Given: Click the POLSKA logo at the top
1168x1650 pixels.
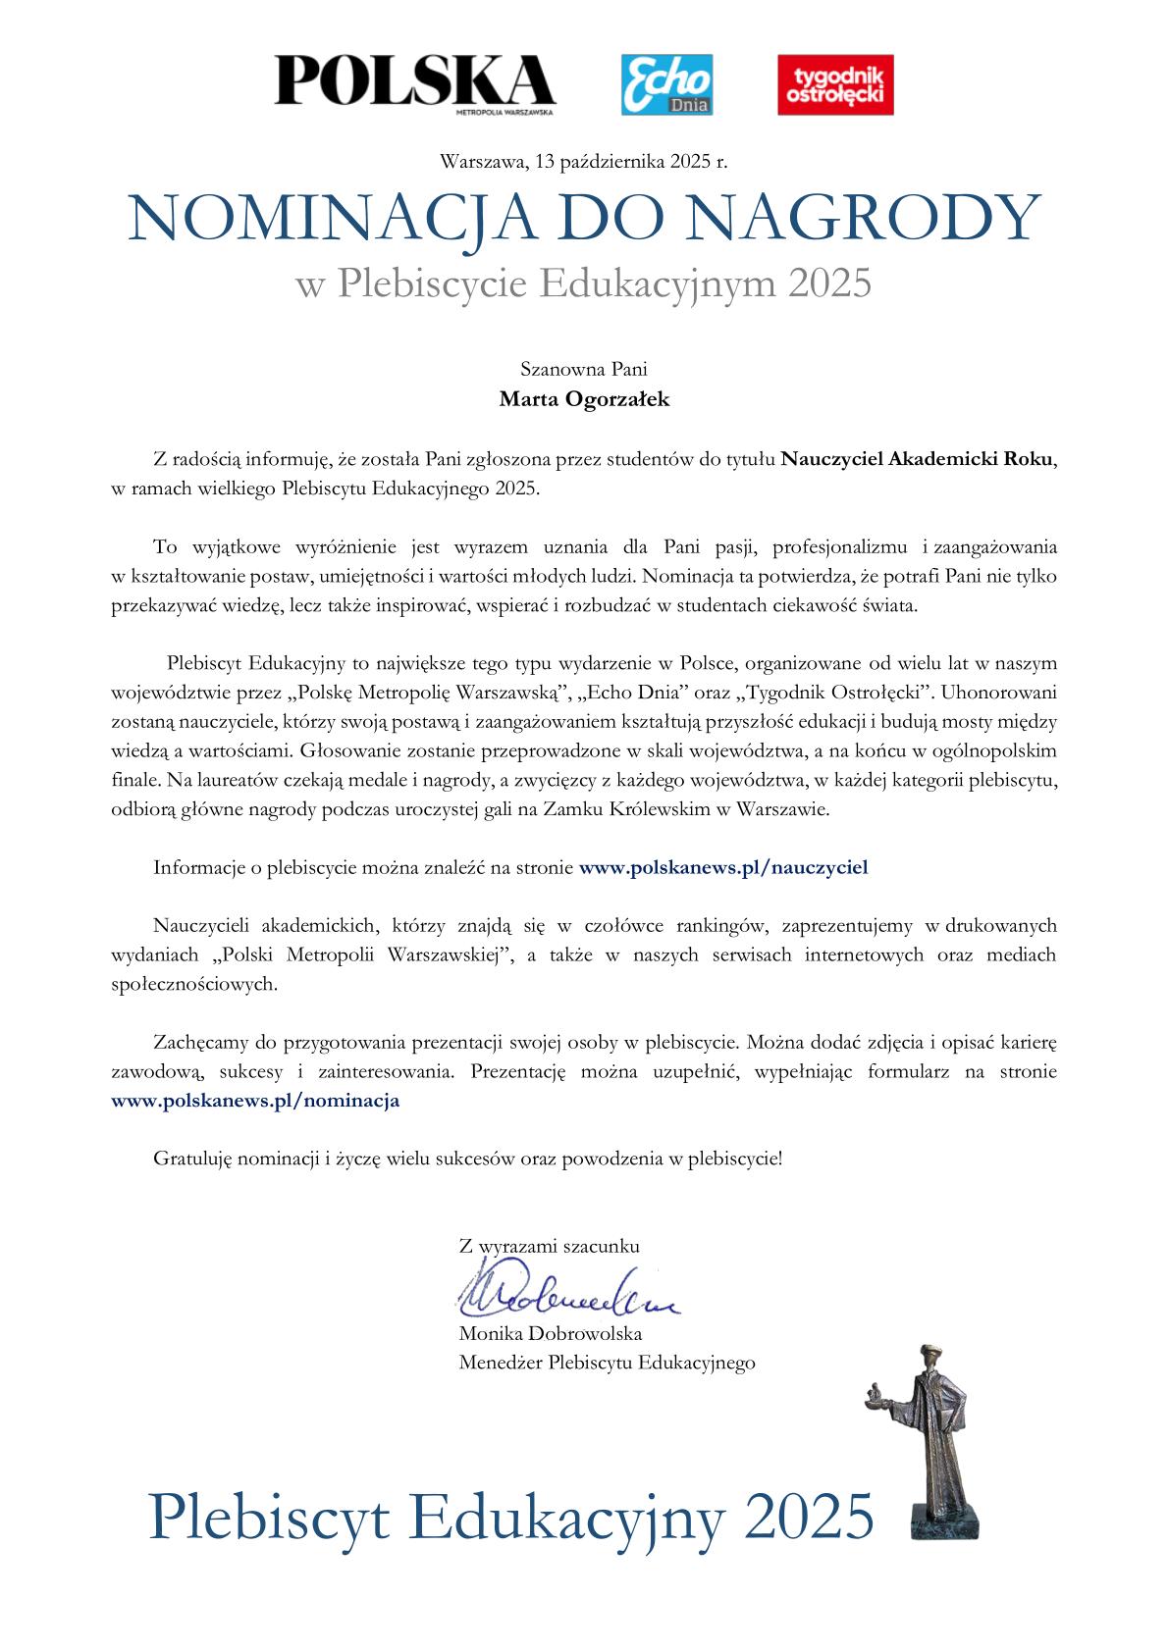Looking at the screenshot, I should click(414, 81).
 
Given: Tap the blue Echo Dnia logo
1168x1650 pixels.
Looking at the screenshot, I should click(667, 84).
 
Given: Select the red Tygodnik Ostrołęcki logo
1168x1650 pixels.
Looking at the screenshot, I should click(835, 84).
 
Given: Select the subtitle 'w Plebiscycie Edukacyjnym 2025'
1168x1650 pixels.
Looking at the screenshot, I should click(584, 284).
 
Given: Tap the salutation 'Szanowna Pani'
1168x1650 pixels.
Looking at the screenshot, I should click(584, 370).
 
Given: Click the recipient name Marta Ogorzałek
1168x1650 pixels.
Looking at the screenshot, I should click(584, 400).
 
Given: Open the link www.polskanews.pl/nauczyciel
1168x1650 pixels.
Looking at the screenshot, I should click(724, 867).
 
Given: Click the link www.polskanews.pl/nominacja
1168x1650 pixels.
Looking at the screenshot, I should click(256, 1101).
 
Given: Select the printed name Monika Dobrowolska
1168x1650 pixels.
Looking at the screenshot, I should click(550, 1334).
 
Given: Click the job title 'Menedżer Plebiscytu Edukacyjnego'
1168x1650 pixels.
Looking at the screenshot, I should click(607, 1363).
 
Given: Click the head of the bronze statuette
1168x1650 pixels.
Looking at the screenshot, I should click(926, 1359).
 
